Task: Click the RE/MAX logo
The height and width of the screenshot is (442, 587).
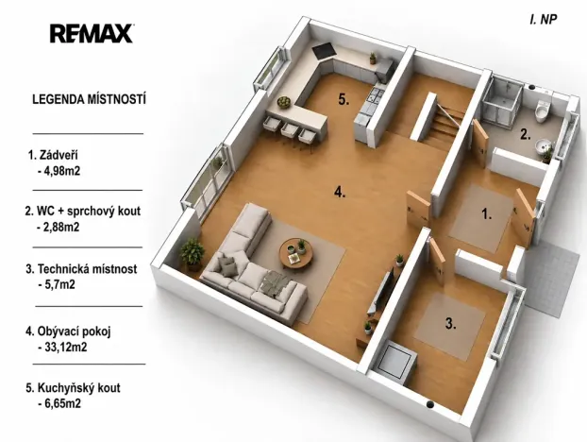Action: click(92, 34)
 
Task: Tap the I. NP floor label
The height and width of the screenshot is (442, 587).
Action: click(544, 20)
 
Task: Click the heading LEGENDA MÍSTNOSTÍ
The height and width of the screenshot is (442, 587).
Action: click(89, 99)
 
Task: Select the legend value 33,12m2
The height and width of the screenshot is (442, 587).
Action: click(66, 348)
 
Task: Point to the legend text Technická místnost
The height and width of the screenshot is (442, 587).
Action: click(87, 269)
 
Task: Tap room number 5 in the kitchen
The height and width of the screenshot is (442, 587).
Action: click(344, 99)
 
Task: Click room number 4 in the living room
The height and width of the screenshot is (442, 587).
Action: click(340, 192)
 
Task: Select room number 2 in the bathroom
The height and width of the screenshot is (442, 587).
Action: click(526, 134)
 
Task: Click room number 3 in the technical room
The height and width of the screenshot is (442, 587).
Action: click(451, 323)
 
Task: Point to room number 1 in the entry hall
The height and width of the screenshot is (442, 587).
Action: click(486, 214)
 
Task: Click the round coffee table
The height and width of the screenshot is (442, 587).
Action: click(295, 254)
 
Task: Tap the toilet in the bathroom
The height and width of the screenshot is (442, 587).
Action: click(542, 110)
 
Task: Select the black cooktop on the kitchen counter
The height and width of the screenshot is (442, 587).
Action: click(323, 51)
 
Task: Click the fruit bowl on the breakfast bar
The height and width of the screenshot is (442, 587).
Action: click(284, 102)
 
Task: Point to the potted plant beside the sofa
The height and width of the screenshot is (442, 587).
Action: click(193, 253)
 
